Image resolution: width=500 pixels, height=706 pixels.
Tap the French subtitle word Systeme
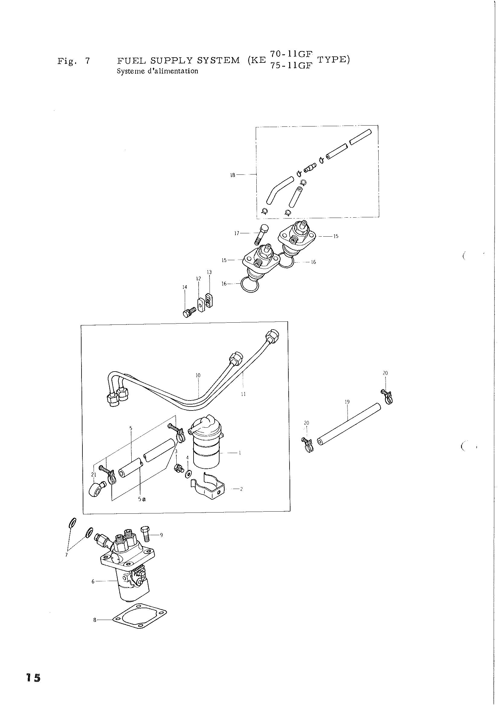coord(129,71)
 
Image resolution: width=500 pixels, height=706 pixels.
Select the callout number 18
coord(232,175)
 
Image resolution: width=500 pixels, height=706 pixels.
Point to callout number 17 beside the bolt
coord(237,233)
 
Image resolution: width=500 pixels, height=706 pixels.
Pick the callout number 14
coord(185,287)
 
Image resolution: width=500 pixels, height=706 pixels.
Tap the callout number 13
coord(209,272)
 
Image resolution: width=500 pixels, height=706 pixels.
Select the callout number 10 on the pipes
coord(198,375)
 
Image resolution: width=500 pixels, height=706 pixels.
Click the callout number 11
coord(243,394)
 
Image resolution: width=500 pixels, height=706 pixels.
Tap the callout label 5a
coord(142,499)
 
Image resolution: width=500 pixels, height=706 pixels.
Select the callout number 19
coord(347,402)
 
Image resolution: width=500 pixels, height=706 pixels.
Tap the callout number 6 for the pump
coord(93,581)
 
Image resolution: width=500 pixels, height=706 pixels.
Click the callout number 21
coord(94,475)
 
